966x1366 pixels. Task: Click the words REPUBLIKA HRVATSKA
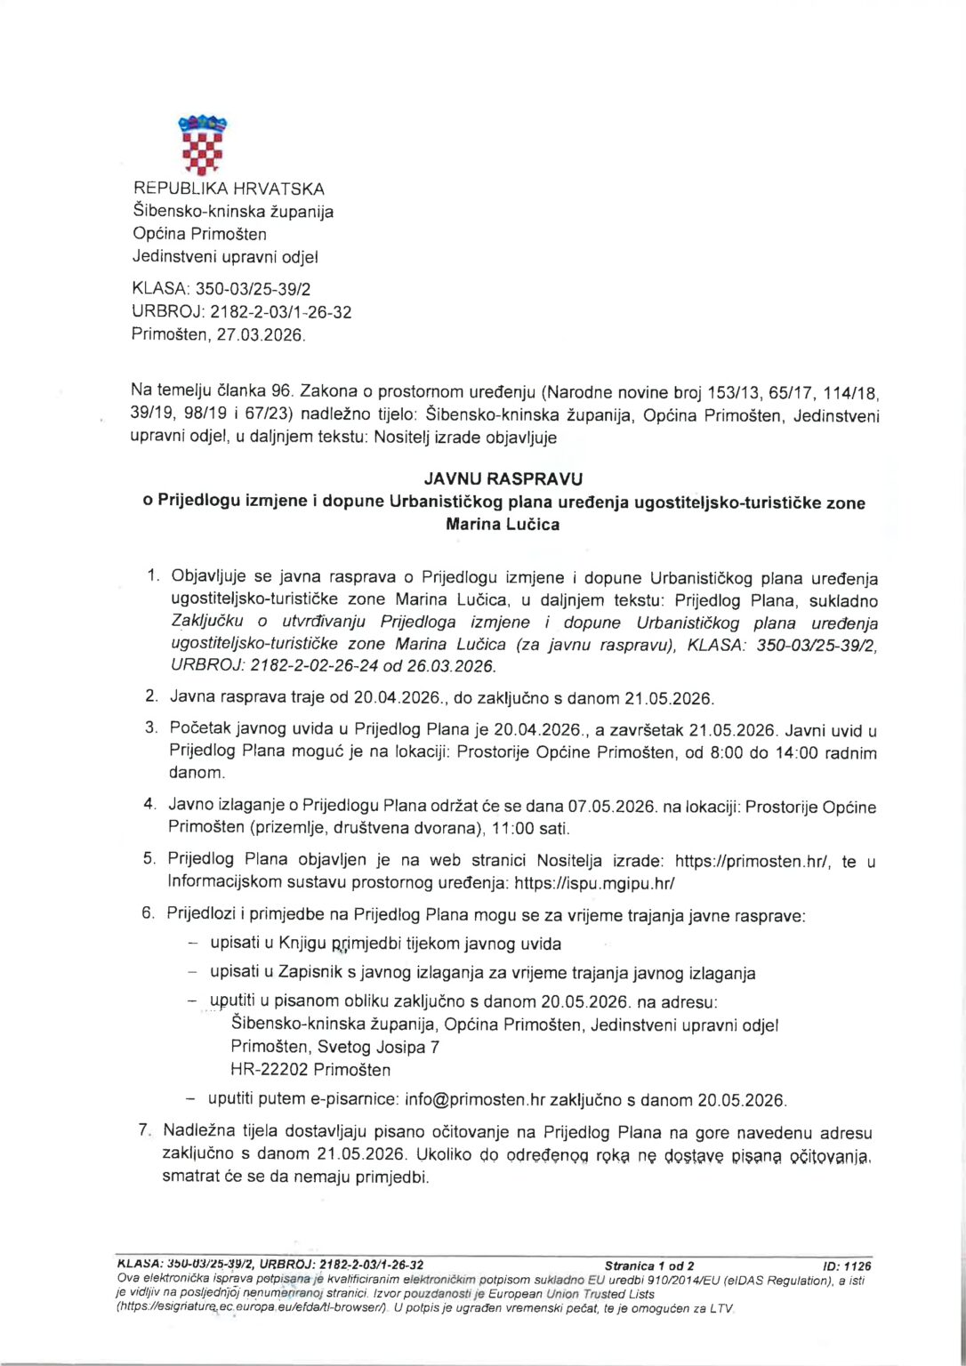click(229, 189)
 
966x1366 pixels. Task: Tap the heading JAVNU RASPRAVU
click(503, 479)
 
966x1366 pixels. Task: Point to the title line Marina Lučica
click(503, 525)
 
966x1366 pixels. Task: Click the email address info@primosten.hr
click(473, 1099)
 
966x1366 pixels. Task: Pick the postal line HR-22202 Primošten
click(310, 1069)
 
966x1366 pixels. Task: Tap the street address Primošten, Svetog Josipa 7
click(334, 1047)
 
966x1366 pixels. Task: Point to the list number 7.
click(143, 1132)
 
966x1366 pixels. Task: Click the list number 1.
click(153, 576)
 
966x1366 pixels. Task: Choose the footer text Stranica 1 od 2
click(649, 1266)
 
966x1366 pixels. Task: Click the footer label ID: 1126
click(848, 1266)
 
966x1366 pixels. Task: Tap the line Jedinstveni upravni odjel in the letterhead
click(225, 257)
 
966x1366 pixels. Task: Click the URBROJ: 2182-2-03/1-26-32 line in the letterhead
click(241, 312)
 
